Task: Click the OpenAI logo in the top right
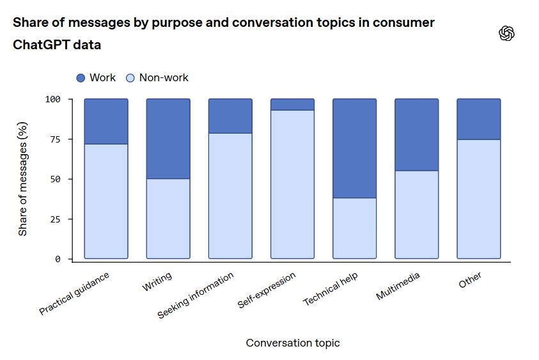(507, 34)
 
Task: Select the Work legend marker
(81, 78)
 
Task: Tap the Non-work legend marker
(130, 78)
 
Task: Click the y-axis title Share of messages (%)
(23, 179)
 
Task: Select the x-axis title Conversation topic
(293, 343)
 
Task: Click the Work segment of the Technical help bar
(355, 148)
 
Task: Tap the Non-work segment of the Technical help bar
(355, 228)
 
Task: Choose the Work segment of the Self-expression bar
(292, 104)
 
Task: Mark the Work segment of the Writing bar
(168, 139)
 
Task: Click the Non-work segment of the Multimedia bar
(417, 214)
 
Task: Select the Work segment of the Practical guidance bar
(106, 121)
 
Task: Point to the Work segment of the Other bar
(479, 119)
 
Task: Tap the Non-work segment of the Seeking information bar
(230, 196)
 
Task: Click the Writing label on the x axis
(157, 283)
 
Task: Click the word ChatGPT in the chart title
(39, 45)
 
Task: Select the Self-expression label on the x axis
(267, 290)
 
